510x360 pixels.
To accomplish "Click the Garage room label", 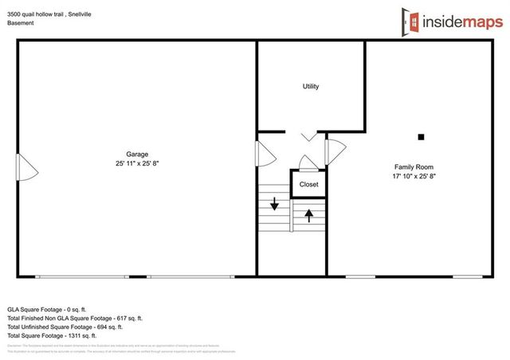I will [137, 155].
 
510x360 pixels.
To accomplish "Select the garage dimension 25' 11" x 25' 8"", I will [137, 164].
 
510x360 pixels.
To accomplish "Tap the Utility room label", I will [310, 86].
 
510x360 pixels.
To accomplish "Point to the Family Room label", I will [413, 166].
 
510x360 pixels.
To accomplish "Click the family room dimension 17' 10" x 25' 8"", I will [413, 176].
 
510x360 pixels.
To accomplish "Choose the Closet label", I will [308, 185].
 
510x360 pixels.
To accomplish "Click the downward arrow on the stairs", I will [274, 205].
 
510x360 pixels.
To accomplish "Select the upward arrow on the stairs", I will [308, 214].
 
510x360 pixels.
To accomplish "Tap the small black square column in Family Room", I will [422, 135].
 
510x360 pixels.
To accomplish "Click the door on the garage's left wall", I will [27, 166].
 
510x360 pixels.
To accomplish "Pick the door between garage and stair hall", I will [264, 153].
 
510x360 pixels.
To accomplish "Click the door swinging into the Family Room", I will [335, 149].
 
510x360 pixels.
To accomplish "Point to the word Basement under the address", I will [21, 23].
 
